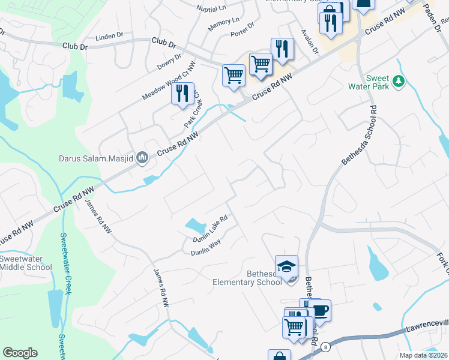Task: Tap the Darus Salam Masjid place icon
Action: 142,158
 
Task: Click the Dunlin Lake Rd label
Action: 210,229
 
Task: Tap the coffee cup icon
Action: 319,310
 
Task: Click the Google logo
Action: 20,353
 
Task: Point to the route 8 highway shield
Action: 325,347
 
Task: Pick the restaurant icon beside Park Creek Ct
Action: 183,92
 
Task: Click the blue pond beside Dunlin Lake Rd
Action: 196,226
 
